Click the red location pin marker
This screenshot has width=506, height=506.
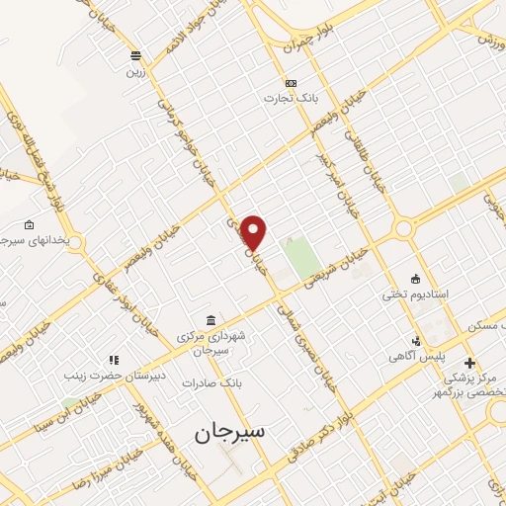click(255, 231)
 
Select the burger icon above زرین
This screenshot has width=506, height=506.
click(135, 55)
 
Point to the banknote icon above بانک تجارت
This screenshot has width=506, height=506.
click(291, 83)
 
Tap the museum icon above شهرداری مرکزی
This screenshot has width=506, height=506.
click(211, 318)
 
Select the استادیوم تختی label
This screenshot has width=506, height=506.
click(416, 295)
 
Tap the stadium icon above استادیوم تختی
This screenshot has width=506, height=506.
click(415, 279)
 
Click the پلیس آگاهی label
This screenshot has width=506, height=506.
click(415, 354)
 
